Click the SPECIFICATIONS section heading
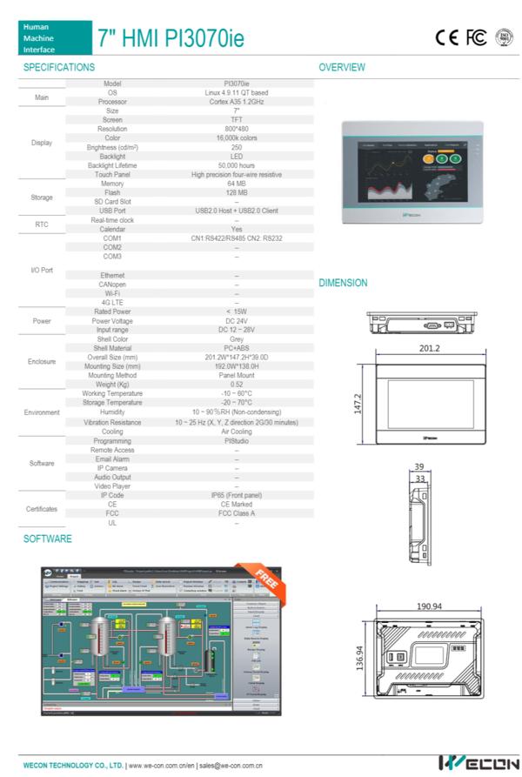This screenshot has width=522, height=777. [x=59, y=67]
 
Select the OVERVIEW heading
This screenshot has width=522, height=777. [x=342, y=67]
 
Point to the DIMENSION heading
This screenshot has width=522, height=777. [x=343, y=283]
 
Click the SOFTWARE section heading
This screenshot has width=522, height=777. [x=48, y=539]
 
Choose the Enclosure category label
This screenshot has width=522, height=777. [x=42, y=361]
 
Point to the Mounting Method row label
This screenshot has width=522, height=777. [x=112, y=376]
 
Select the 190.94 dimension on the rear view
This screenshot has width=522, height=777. [x=429, y=606]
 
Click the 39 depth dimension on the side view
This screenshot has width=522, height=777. [x=418, y=466]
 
